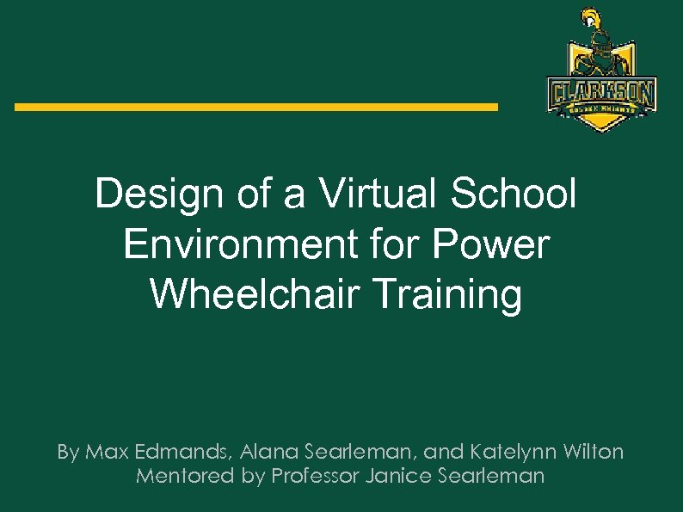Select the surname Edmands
point(182,452)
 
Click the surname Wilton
point(594,452)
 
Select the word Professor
point(316,476)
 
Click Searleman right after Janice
point(498,476)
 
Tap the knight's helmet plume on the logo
point(590,16)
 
